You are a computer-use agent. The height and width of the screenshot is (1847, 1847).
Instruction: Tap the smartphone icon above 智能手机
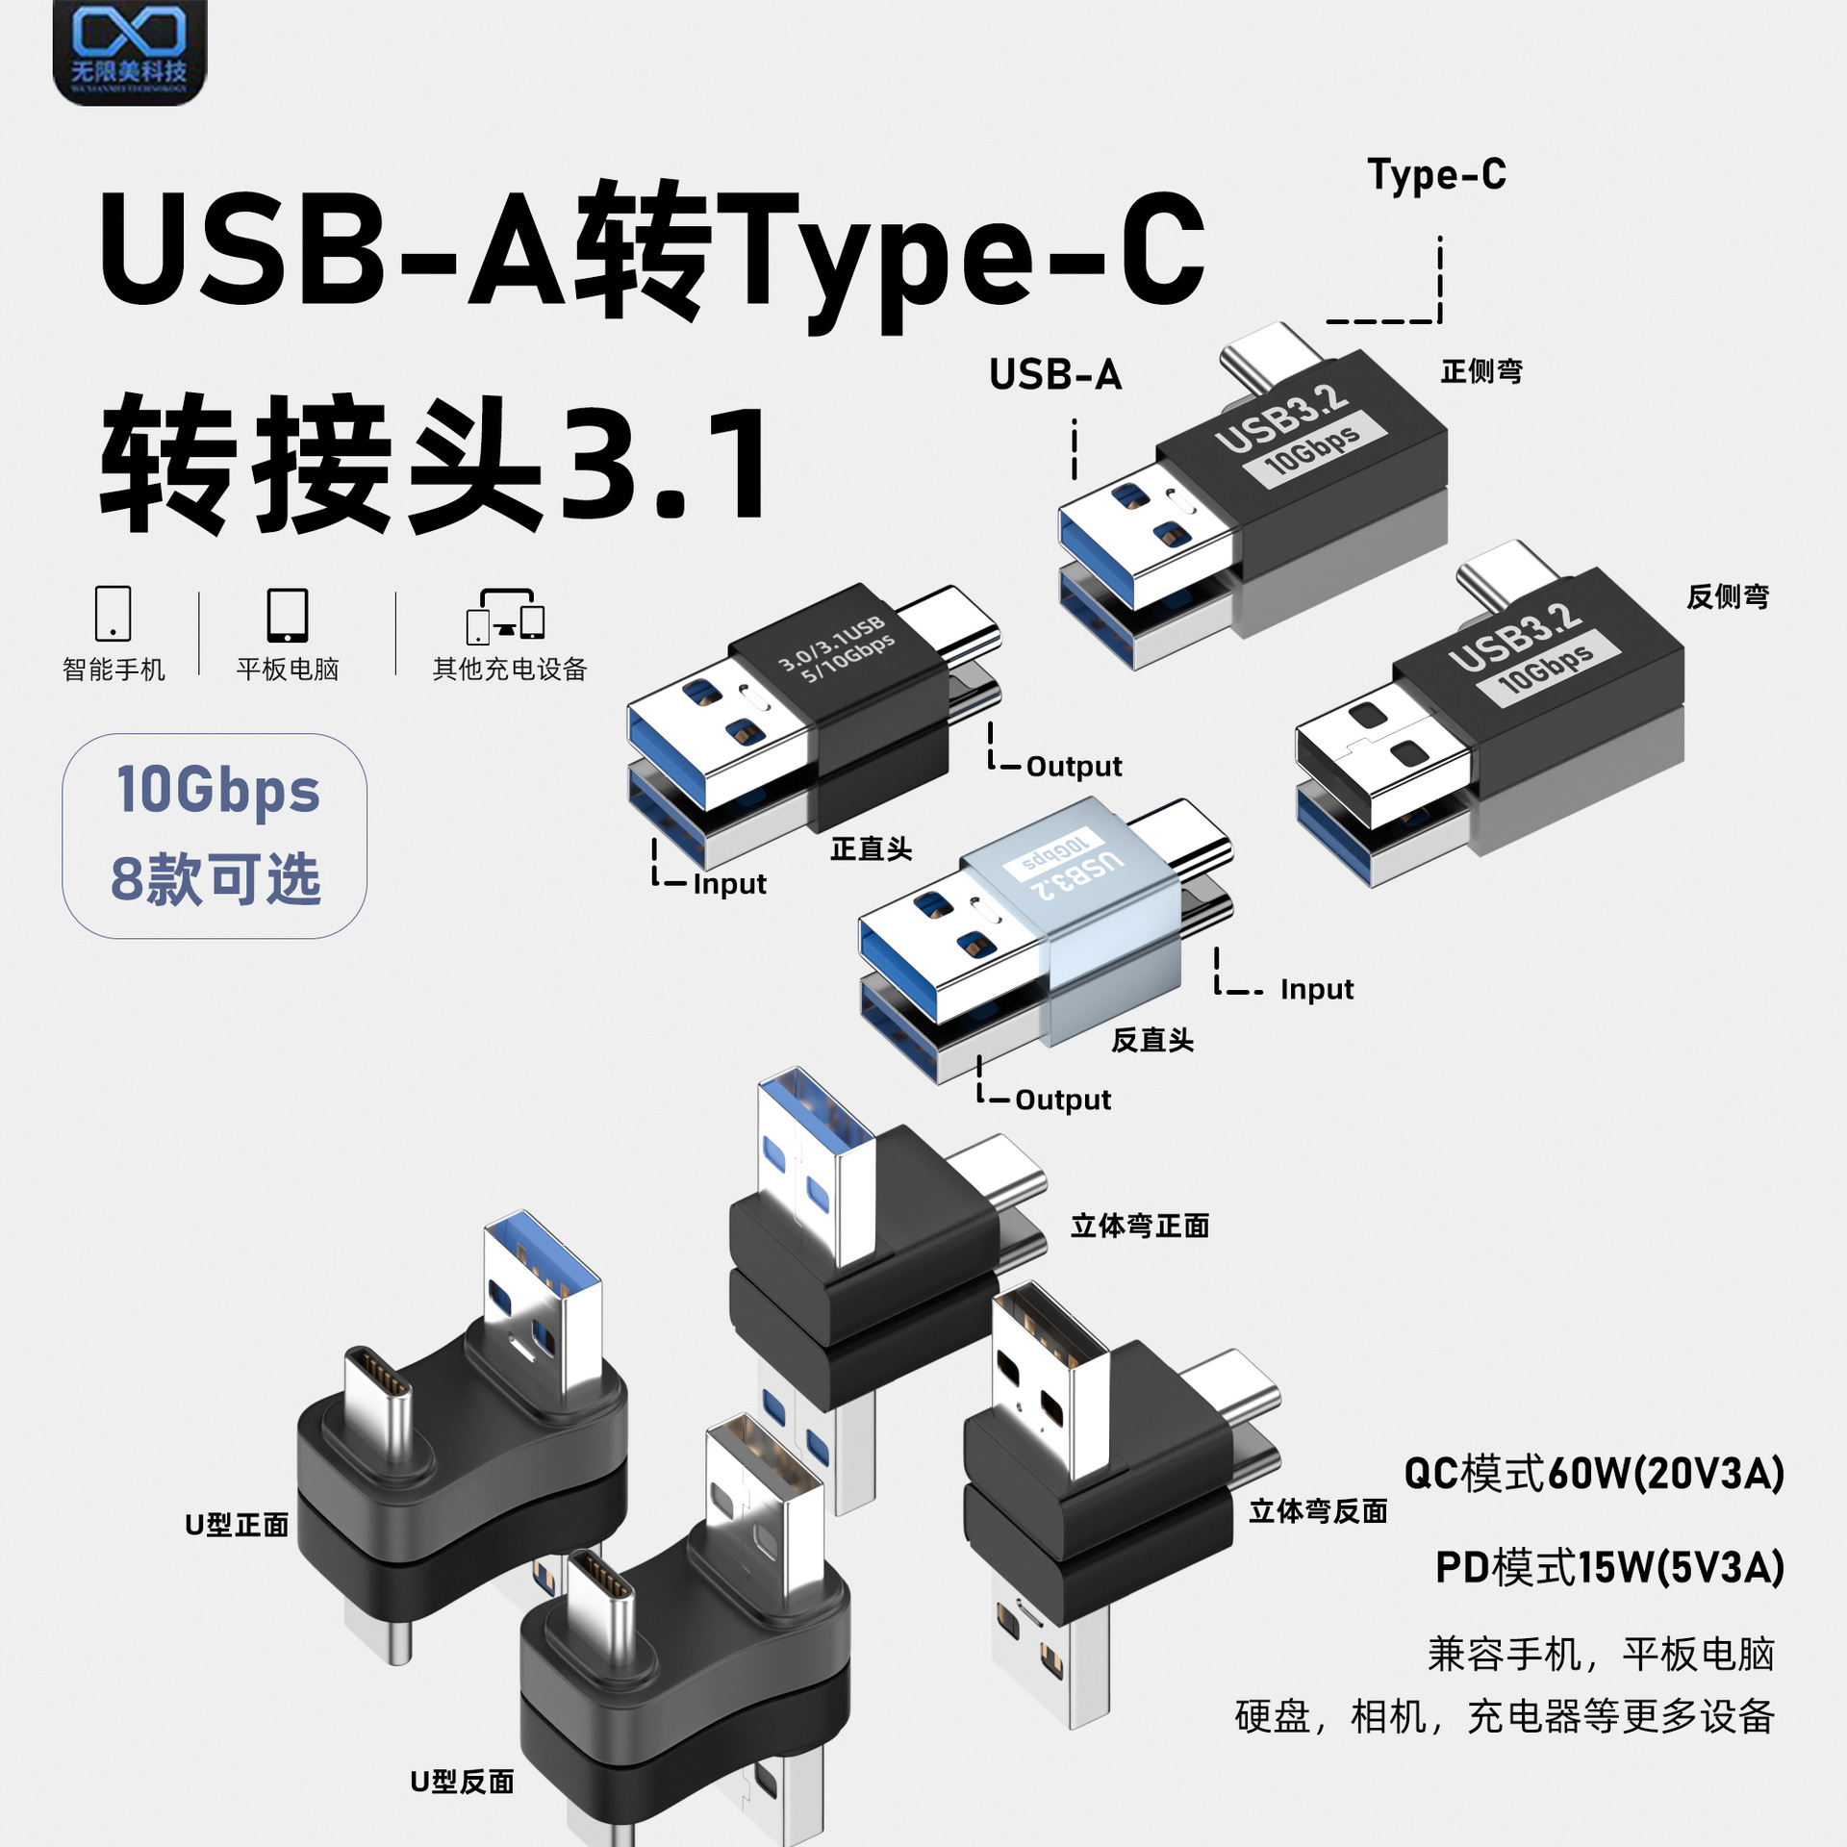point(113,614)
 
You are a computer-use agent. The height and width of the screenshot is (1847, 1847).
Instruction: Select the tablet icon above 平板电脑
point(287,615)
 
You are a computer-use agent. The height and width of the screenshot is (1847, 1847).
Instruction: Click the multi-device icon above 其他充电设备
point(506,617)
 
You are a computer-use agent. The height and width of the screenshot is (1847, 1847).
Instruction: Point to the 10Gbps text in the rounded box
point(217,791)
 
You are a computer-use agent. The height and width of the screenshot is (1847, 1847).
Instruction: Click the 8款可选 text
point(215,879)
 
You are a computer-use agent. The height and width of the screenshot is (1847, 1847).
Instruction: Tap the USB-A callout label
point(1055,375)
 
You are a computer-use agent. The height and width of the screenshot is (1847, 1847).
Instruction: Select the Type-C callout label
point(1436,176)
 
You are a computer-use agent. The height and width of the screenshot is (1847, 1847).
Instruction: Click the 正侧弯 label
point(1481,371)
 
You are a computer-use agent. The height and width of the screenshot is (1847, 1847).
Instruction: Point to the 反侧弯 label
point(1728,596)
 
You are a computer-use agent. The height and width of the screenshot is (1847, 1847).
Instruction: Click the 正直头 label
point(871,848)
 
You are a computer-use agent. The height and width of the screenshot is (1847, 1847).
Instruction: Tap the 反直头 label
point(1151,1040)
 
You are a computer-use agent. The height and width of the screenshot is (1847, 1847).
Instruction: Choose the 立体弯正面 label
point(1140,1226)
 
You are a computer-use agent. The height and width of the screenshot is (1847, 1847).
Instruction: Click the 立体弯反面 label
point(1318,1511)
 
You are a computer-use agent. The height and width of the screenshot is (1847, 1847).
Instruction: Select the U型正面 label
point(237,1525)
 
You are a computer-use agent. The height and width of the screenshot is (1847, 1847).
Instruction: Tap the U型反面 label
point(462,1782)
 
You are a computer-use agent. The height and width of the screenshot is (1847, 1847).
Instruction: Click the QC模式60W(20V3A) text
point(1594,1475)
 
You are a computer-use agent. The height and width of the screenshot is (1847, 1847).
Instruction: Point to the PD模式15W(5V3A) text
point(1609,1567)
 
